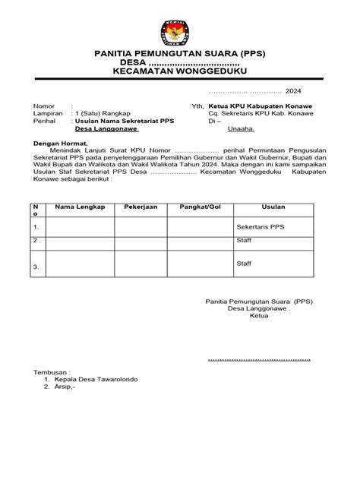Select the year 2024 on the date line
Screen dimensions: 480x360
point(293,90)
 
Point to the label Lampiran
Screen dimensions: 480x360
point(46,114)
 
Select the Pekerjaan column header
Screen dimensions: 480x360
point(141,207)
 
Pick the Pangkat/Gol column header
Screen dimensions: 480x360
point(199,207)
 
